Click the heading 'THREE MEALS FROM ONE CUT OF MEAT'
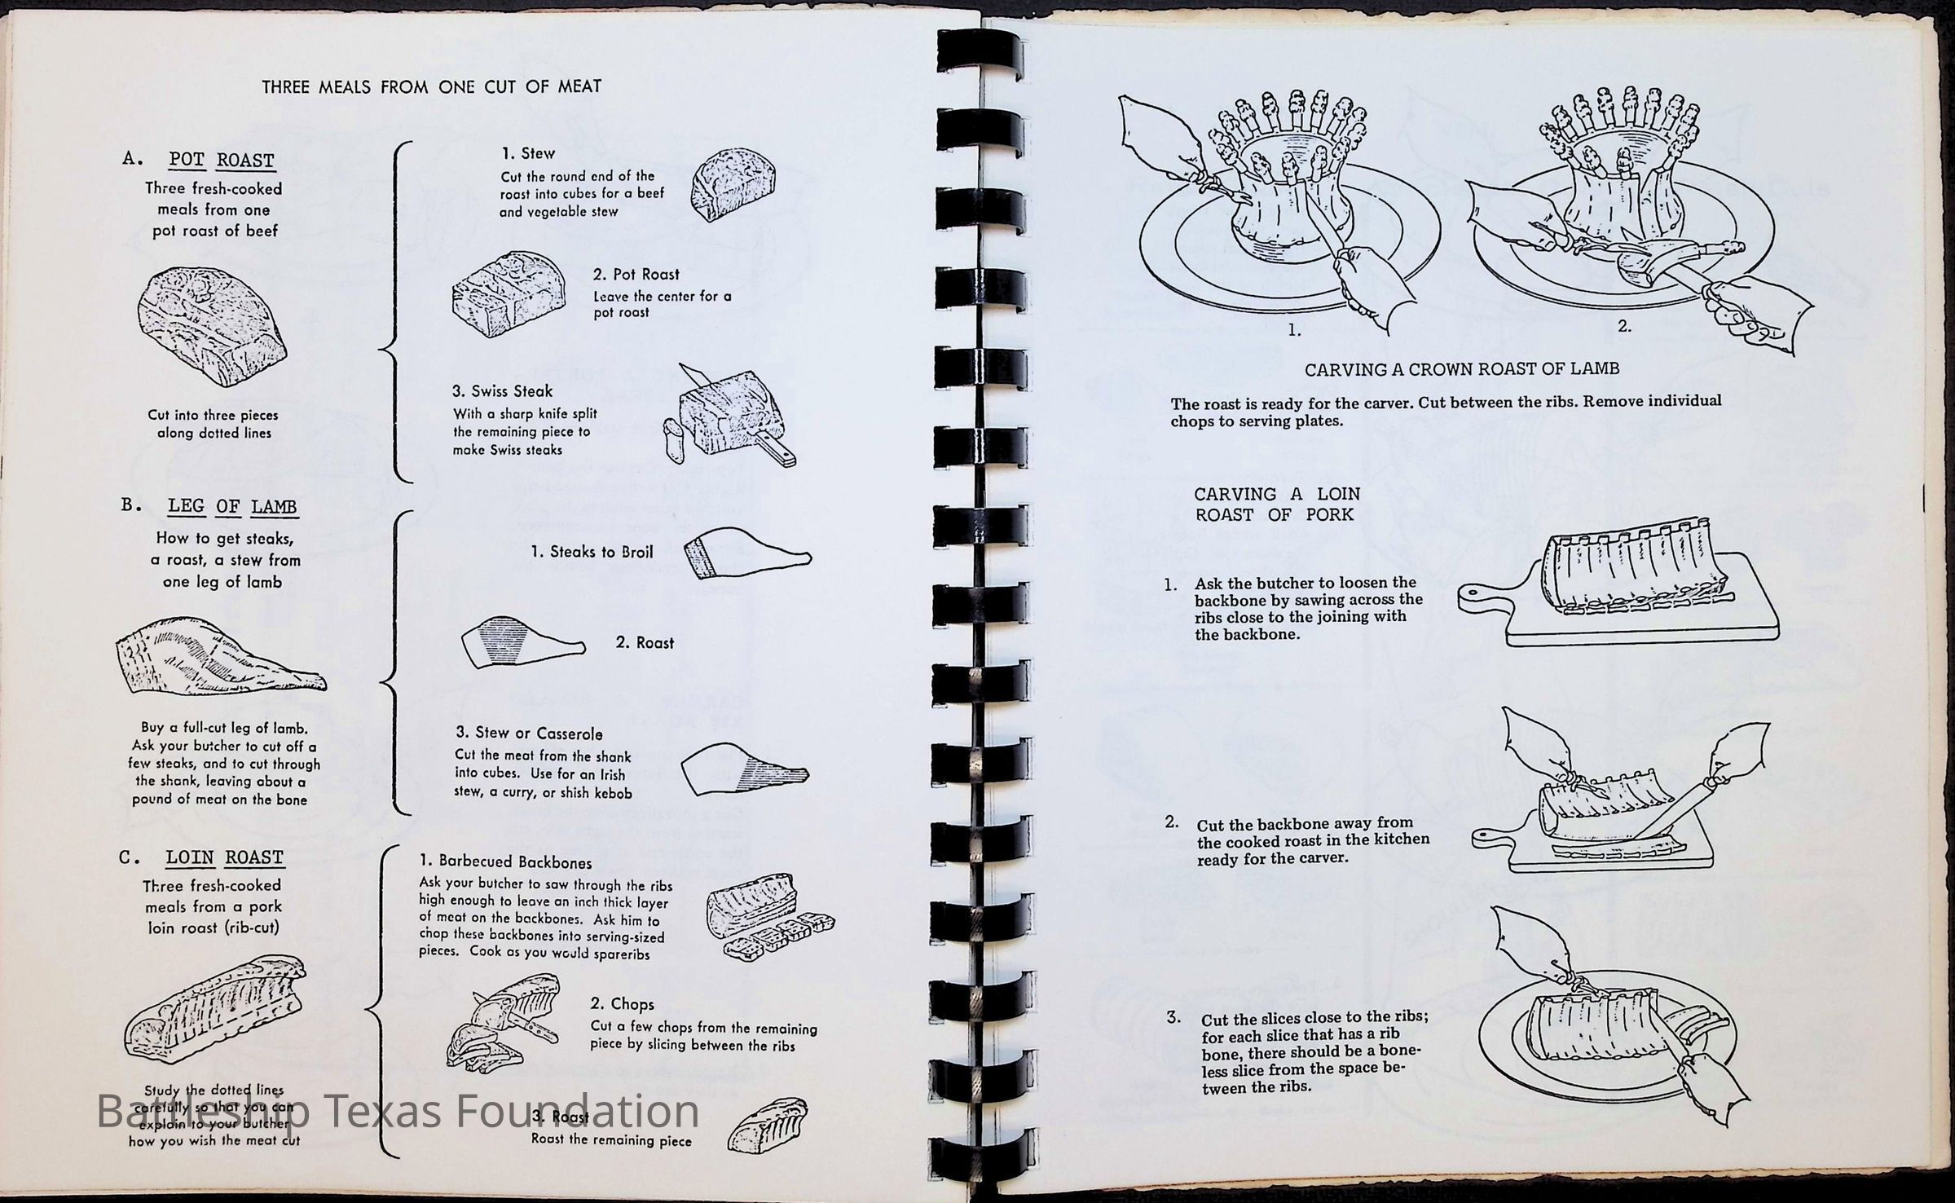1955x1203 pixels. [x=431, y=86]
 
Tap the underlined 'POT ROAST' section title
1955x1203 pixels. [x=222, y=161]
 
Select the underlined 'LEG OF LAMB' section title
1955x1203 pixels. [x=233, y=507]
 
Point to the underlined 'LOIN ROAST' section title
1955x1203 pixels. [x=225, y=857]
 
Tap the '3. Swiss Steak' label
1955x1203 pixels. [x=503, y=391]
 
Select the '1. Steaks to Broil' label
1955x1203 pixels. [x=592, y=552]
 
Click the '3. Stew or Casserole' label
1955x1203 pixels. [x=529, y=734]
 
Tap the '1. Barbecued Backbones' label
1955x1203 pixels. [x=505, y=861]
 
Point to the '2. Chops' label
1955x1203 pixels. [x=623, y=1005]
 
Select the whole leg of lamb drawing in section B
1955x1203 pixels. [x=220, y=661]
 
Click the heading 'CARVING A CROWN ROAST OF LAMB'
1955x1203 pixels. [x=1462, y=369]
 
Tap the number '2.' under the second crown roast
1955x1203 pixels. [x=1624, y=326]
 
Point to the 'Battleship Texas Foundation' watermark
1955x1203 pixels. [x=398, y=1111]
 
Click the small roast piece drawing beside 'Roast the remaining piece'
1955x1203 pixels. [x=767, y=1124]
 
